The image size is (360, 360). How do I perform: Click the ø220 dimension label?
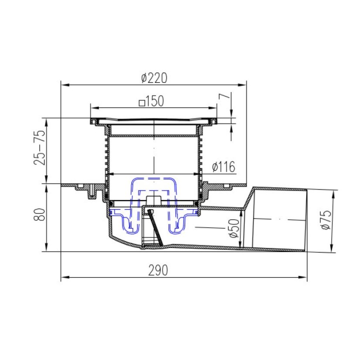[154, 78]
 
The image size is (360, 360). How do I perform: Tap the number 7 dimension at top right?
[224, 96]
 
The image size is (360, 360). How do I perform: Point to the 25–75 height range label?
[40, 148]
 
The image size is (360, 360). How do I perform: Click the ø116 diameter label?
[224, 166]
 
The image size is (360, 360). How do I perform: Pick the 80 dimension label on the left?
[39, 214]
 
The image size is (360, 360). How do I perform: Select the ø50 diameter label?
[234, 228]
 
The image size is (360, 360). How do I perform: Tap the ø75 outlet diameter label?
[326, 220]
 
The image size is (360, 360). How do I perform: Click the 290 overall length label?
[158, 270]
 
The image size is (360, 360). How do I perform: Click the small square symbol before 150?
[142, 103]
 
